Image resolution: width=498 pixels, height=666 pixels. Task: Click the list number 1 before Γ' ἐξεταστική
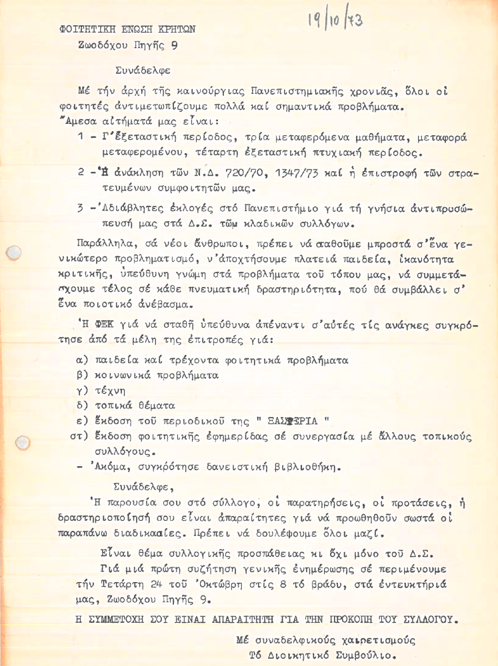(80, 137)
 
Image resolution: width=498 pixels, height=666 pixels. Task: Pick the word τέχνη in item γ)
(111, 389)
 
